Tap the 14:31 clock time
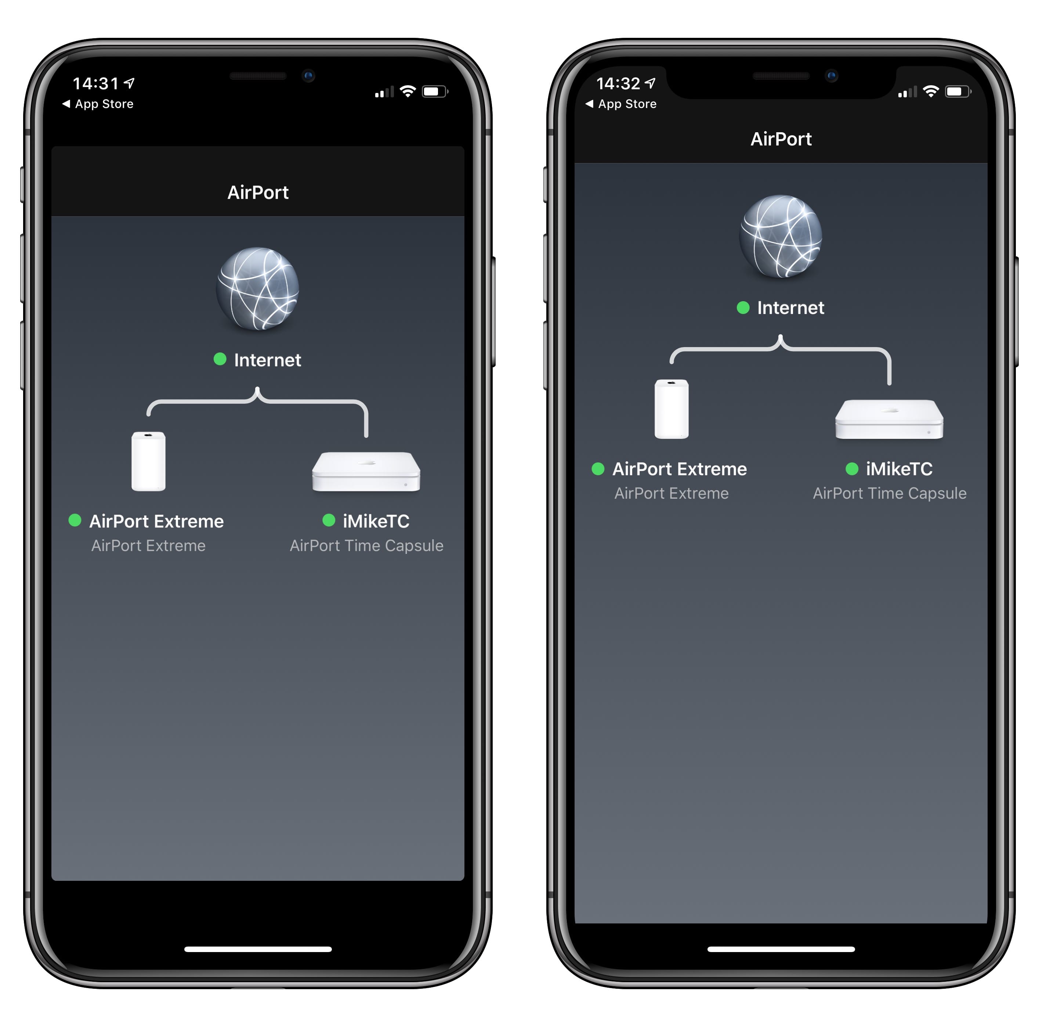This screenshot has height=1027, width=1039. click(x=96, y=83)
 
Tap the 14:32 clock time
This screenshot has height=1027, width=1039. click(x=619, y=83)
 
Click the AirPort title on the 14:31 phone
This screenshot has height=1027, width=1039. click(x=258, y=192)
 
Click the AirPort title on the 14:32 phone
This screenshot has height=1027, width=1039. click(x=781, y=139)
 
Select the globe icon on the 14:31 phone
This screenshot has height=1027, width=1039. click(x=258, y=289)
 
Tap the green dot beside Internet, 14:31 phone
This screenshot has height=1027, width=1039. click(x=220, y=359)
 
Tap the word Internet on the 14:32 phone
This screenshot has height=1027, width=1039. click(x=790, y=308)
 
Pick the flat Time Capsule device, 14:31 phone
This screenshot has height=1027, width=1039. click(x=366, y=472)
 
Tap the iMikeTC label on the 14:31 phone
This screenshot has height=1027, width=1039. click(x=376, y=521)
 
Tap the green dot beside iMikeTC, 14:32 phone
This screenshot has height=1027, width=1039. click(x=852, y=469)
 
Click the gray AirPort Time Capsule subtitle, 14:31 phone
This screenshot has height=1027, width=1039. click(x=366, y=545)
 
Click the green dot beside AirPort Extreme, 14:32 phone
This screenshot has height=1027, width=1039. click(x=598, y=469)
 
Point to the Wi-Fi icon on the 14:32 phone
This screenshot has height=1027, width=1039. click(x=931, y=91)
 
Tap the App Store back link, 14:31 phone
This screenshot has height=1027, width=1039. click(x=98, y=104)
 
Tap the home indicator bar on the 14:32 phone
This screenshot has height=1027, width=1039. click(x=781, y=949)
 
